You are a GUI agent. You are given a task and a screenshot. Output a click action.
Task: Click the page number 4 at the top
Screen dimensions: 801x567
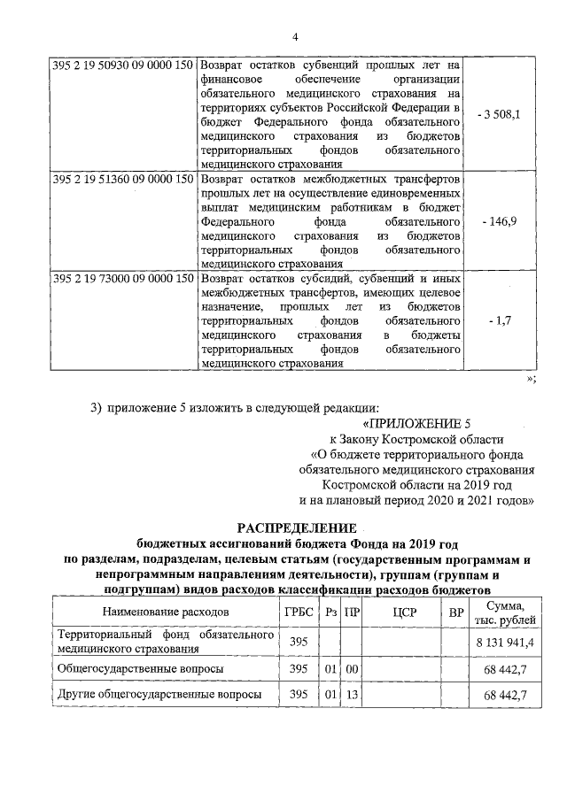pyautogui.click(x=296, y=36)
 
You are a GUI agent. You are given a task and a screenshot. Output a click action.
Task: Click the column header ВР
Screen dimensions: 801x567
pyautogui.click(x=456, y=612)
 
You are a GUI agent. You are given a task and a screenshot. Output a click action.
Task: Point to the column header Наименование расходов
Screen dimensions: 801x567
pyautogui.click(x=166, y=612)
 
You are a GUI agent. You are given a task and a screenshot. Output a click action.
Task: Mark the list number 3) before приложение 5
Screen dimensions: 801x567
pyautogui.click(x=97, y=407)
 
